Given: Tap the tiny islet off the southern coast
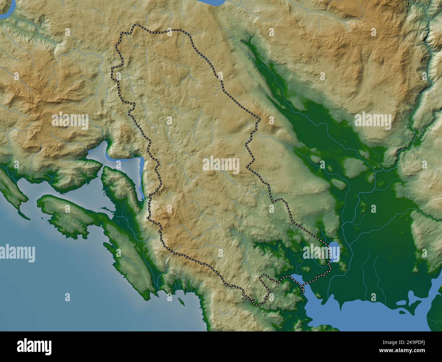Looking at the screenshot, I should point(182,302).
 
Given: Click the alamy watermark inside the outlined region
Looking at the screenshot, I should point(221,165).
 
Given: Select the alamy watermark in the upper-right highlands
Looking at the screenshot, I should point(373,120).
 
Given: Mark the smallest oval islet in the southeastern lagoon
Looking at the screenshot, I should point(400,311).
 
